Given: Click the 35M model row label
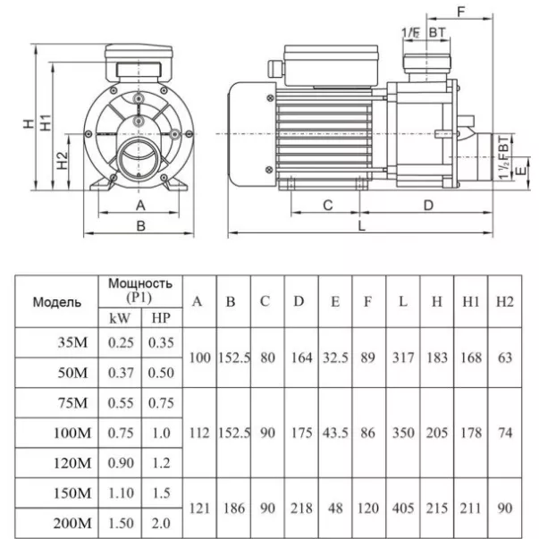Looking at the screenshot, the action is pyautogui.click(x=72, y=342).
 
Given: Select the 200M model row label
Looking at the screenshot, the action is pyautogui.click(x=72, y=523).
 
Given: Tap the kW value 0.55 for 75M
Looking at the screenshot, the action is pyautogui.click(x=121, y=403).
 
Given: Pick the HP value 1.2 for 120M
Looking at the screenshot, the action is pyautogui.click(x=161, y=463).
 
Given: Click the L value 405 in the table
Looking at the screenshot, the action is pyautogui.click(x=403, y=508).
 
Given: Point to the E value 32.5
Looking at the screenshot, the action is pyautogui.click(x=335, y=358).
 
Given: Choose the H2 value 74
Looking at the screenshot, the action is pyautogui.click(x=505, y=433).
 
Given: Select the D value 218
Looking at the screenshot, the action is pyautogui.click(x=301, y=508).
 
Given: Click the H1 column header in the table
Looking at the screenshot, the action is pyautogui.click(x=471, y=301).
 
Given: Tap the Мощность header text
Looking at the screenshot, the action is pyautogui.click(x=140, y=283).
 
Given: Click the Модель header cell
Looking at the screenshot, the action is pyautogui.click(x=56, y=302).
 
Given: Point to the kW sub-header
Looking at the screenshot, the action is pyautogui.click(x=120, y=318).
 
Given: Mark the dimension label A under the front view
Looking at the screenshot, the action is pyautogui.click(x=140, y=206).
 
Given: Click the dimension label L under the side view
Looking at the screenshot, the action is pyautogui.click(x=361, y=226).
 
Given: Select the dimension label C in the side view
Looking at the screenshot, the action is pyautogui.click(x=328, y=206).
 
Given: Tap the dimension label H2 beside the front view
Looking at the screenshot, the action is pyautogui.click(x=63, y=160).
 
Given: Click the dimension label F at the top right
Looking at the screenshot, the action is pyautogui.click(x=461, y=12).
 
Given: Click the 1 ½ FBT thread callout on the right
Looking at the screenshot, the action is pyautogui.click(x=503, y=157).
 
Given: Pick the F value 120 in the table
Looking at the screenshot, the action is pyautogui.click(x=367, y=508).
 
